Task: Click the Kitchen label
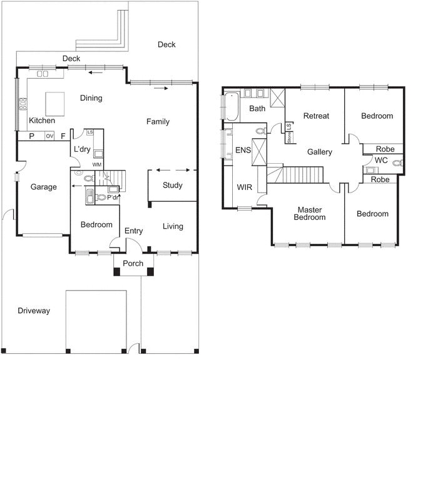click(42, 121)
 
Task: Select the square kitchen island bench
click(54, 101)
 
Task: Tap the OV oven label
click(49, 136)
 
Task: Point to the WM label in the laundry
click(97, 164)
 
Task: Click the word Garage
click(44, 187)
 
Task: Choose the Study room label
click(173, 186)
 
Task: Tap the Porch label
click(132, 264)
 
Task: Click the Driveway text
click(34, 311)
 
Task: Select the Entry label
click(133, 231)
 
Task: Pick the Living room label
click(173, 226)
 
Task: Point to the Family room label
click(158, 122)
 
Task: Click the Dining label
click(91, 98)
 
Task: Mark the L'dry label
click(83, 149)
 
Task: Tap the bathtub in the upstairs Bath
click(231, 106)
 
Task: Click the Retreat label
click(316, 116)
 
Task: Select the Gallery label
click(319, 152)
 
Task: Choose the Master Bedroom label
click(311, 214)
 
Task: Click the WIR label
click(243, 187)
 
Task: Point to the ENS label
click(243, 151)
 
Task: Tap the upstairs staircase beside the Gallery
click(302, 175)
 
